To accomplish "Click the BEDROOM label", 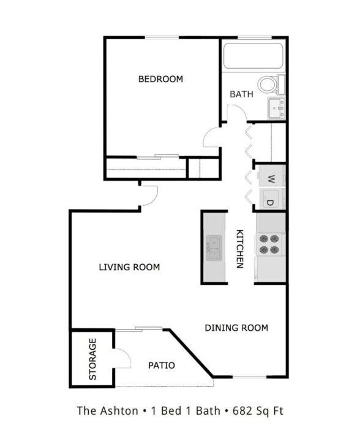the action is (x=160, y=79).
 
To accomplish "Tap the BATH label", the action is (x=241, y=94).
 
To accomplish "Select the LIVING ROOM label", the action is (x=129, y=267).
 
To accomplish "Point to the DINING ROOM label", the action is (x=236, y=328).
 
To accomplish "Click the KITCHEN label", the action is (x=239, y=249).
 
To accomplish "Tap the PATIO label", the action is (x=162, y=365).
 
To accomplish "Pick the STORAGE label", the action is (x=93, y=359).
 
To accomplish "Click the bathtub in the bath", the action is (x=253, y=56).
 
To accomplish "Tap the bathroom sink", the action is (x=276, y=108).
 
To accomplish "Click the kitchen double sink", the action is (x=214, y=248).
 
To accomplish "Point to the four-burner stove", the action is (x=269, y=244).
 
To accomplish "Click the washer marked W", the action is (x=271, y=179).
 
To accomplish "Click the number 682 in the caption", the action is (x=242, y=410).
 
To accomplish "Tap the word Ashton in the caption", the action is (x=119, y=410).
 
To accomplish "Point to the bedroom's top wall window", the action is (x=162, y=37).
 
